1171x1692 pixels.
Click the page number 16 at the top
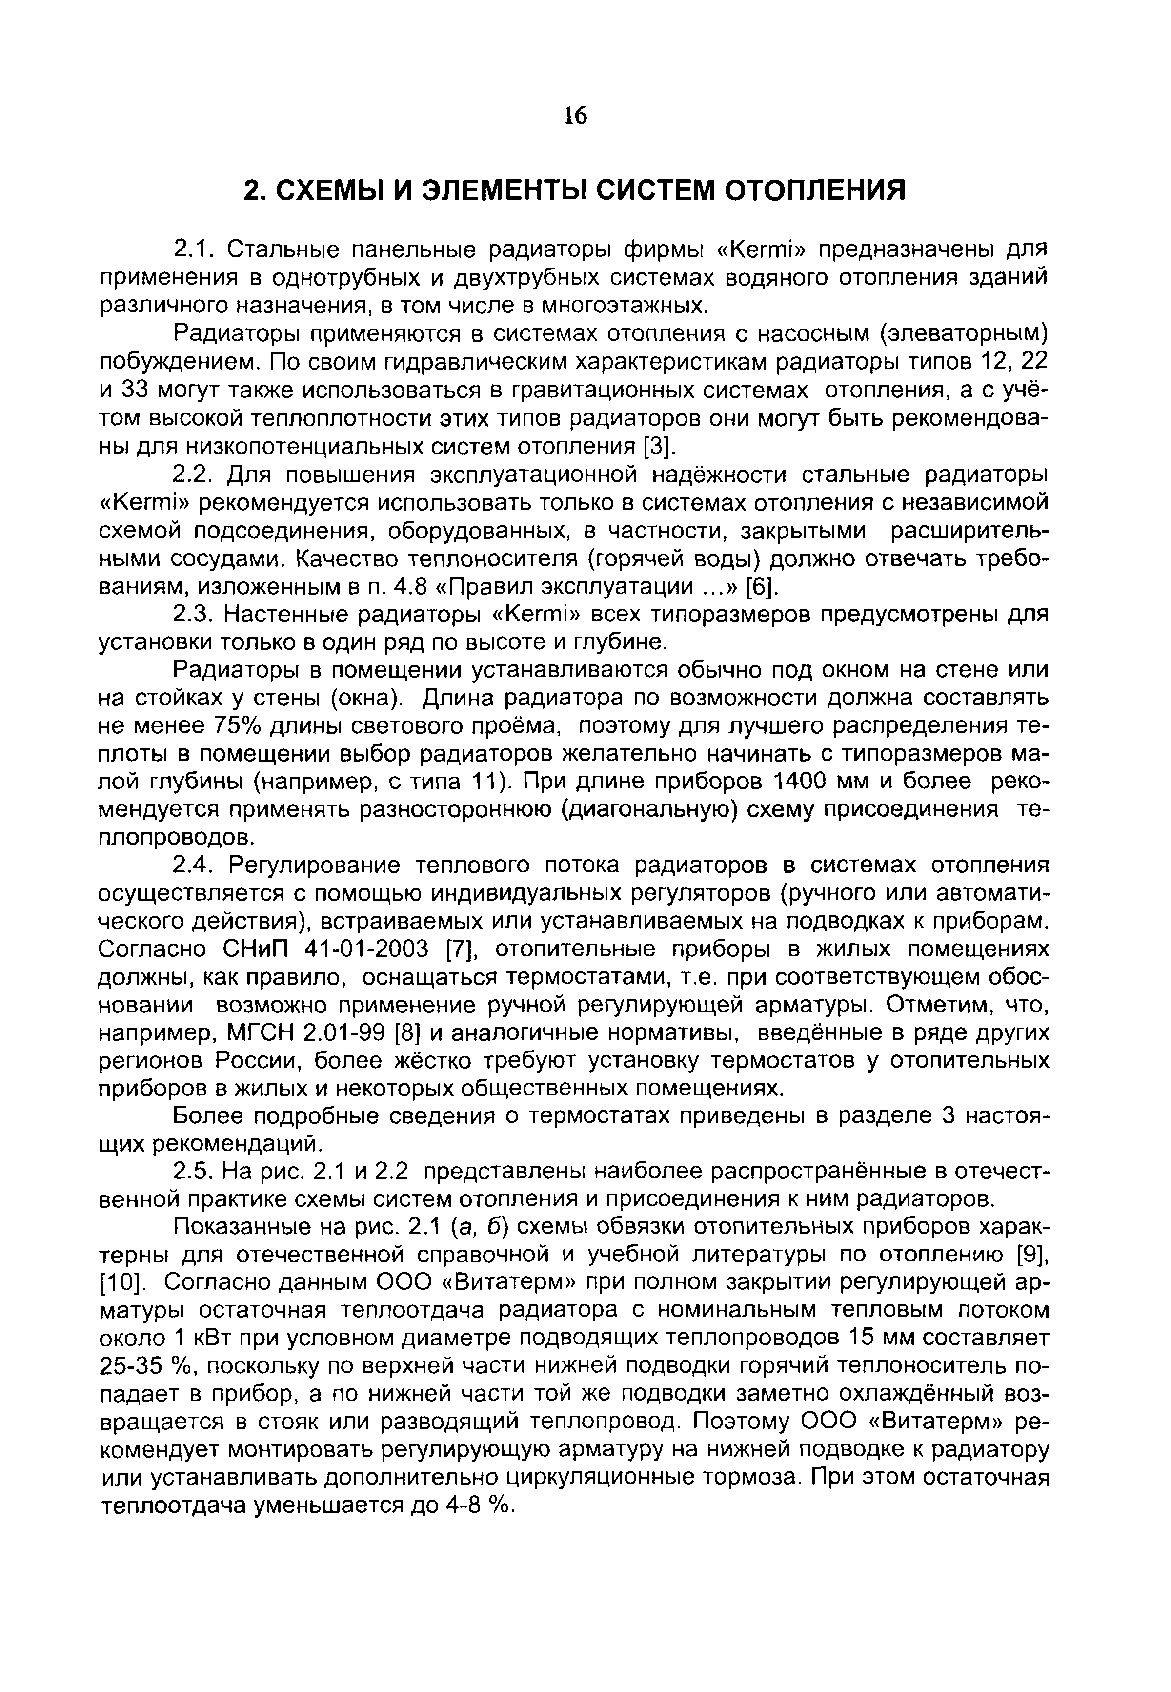point(576,116)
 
